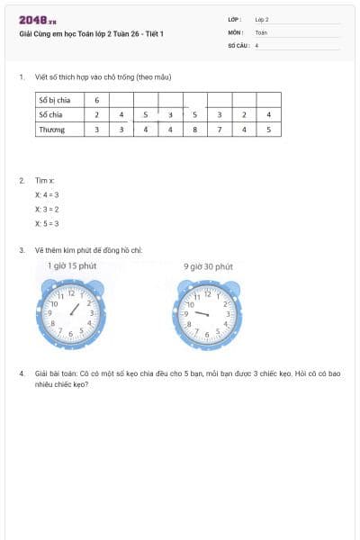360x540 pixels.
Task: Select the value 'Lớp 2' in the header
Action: tap(262, 19)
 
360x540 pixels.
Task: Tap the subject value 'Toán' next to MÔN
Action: tap(261, 31)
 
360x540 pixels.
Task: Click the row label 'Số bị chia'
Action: tap(55, 100)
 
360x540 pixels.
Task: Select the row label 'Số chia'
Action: tap(51, 114)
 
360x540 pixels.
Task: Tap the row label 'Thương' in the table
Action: tap(51, 129)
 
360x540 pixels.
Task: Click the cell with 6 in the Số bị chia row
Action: tap(97, 100)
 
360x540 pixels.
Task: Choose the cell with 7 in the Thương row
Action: tap(220, 129)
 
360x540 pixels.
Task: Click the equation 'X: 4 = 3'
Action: tap(47, 194)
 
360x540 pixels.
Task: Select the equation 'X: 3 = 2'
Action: tap(47, 209)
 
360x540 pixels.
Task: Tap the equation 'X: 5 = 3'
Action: tap(47, 223)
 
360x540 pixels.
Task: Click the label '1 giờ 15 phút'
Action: tap(72, 266)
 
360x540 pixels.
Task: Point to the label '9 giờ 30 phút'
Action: tap(208, 266)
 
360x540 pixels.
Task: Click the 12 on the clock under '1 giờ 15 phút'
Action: tap(72, 294)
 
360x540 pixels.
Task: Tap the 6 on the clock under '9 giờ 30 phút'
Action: tap(208, 335)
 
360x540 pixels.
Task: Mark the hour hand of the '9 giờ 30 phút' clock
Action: tap(201, 312)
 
